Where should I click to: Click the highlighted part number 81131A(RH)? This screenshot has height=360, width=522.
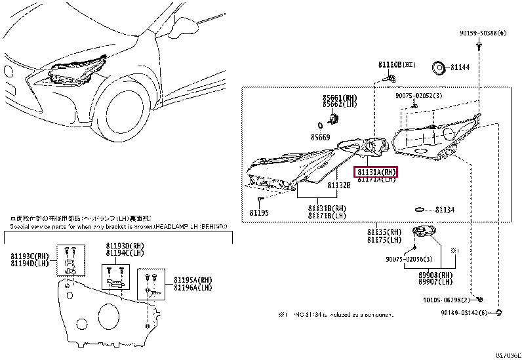(377, 172)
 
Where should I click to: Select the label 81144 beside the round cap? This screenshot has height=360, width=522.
(461, 67)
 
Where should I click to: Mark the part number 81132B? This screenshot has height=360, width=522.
(339, 186)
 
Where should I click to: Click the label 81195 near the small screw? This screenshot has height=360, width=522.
(259, 212)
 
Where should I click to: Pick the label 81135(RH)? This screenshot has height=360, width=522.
(384, 232)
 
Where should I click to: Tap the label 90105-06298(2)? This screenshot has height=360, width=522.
(450, 299)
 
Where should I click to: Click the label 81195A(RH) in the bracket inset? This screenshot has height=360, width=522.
(193, 280)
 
